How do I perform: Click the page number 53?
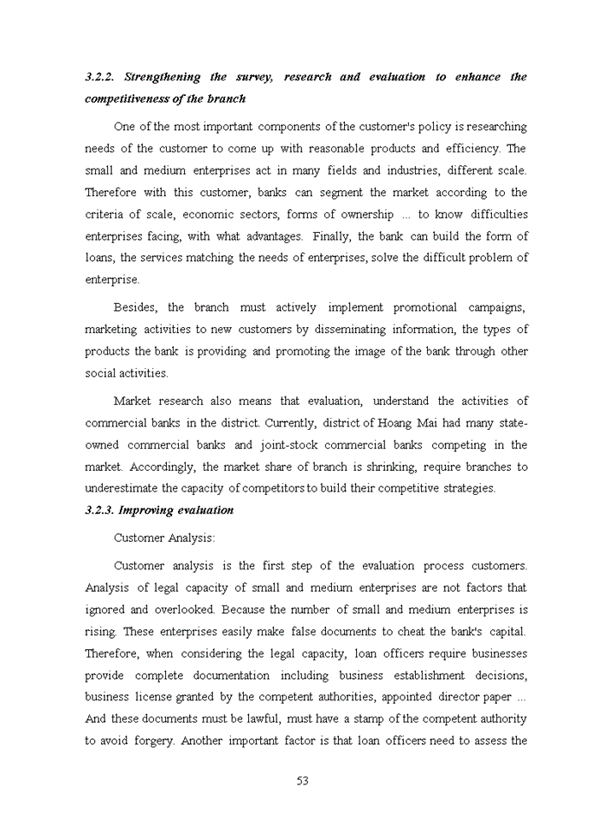[x=302, y=781]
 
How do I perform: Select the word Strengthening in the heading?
[x=167, y=77]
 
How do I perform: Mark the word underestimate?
[x=122, y=489]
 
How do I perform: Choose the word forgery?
[x=154, y=741]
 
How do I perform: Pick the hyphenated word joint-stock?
[x=290, y=445]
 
